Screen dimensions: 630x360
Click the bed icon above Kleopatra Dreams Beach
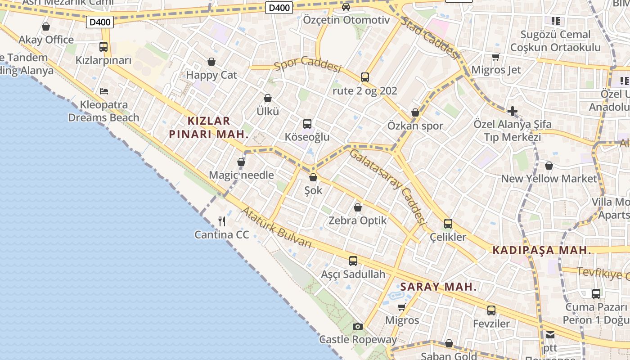[104, 91]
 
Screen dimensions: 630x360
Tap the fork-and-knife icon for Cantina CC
[221, 221]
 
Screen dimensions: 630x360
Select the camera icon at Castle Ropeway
[358, 326]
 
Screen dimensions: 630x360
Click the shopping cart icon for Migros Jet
[495, 57]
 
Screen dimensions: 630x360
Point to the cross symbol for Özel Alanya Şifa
[512, 111]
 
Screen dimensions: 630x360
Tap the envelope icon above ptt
[550, 335]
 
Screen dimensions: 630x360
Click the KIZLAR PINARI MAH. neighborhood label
[209, 127]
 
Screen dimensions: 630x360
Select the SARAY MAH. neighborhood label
[438, 287]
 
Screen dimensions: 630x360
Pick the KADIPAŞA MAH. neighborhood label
[542, 251]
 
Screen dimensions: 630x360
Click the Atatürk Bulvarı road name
[276, 228]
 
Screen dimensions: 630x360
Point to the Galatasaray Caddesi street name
[387, 187]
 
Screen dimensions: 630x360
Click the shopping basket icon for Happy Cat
[211, 62]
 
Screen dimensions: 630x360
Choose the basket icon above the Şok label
[313, 177]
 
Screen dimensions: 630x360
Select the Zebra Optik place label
[358, 220]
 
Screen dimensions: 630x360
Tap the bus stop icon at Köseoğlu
[307, 123]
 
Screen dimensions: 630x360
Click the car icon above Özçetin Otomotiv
[346, 7]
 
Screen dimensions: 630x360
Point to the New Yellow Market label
[549, 179]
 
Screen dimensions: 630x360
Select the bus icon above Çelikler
[448, 223]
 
